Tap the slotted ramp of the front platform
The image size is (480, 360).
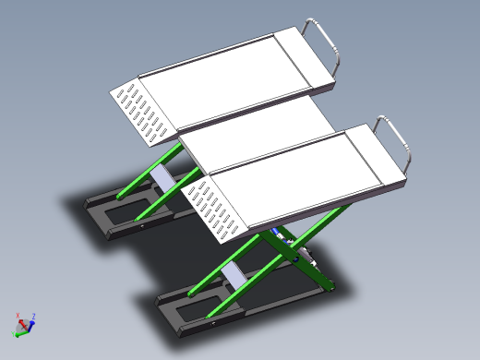tap(216, 211)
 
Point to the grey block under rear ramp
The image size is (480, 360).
tap(162, 174)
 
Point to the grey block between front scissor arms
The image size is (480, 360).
tap(233, 275)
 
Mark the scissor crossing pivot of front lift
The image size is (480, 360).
tap(289, 248)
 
